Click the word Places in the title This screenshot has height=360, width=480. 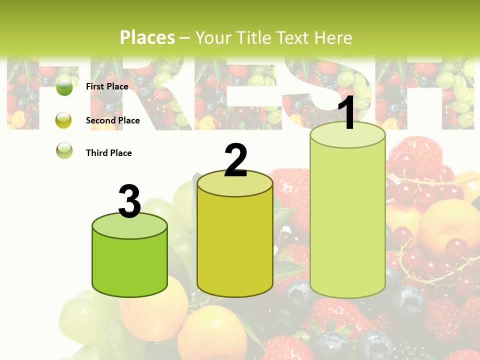pos(147,37)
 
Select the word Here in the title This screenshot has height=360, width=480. pos(334,37)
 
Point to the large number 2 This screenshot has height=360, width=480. pos(235,160)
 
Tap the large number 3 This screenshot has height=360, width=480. pos(129,202)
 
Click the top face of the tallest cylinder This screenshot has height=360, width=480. pos(348,135)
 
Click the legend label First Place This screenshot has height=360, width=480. pos(107,86)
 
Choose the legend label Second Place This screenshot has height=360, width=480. pos(112,120)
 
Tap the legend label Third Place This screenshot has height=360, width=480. pos(108,153)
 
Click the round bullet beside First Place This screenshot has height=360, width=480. pos(64,87)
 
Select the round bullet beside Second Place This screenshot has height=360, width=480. pos(64,120)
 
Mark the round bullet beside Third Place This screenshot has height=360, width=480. pos(64,151)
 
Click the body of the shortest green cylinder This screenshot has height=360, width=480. pos(129,265)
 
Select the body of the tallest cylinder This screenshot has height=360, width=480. pos(348,220)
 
